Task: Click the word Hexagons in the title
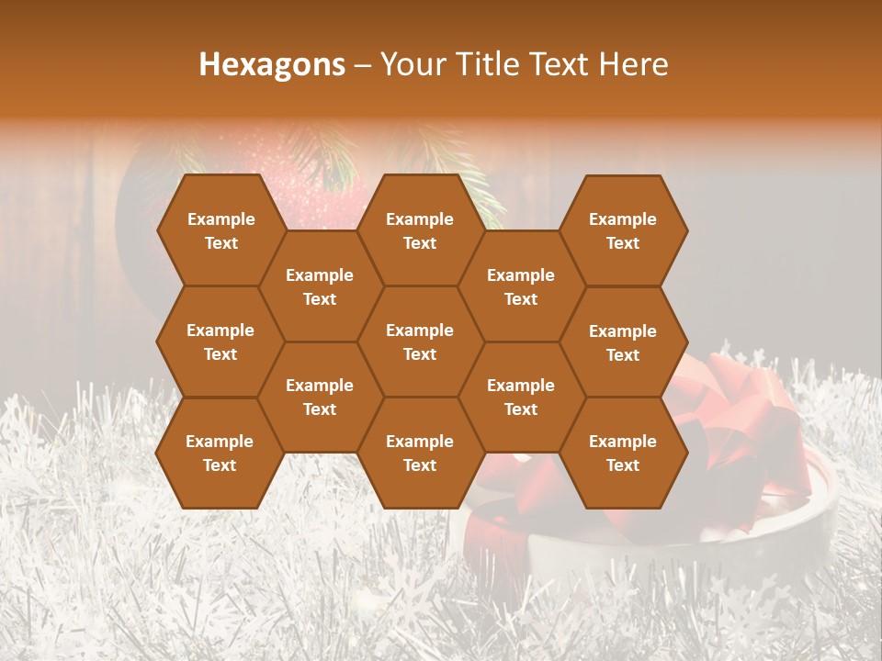[272, 64]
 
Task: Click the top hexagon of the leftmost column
[220, 230]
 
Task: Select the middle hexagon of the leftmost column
[220, 342]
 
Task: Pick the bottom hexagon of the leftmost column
[220, 453]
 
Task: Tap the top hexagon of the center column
[420, 230]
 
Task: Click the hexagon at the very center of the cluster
[420, 342]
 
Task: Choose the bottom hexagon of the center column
[420, 453]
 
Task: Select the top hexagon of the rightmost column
[623, 230]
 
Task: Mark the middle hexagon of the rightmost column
[623, 342]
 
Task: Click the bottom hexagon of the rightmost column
[623, 453]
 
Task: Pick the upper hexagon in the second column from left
[320, 286]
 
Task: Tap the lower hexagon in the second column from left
[320, 397]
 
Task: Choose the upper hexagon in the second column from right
[521, 286]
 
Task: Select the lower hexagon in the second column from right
[521, 397]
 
